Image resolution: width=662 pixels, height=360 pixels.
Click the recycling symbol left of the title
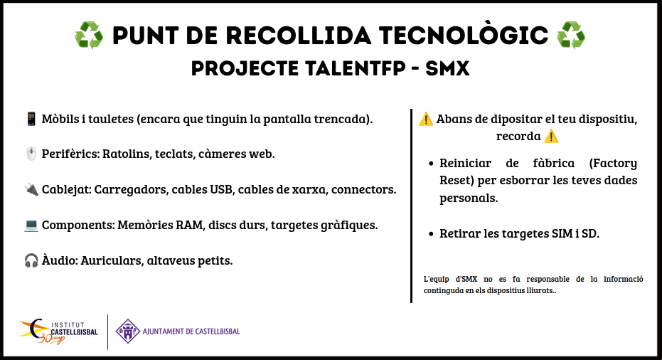[89, 36]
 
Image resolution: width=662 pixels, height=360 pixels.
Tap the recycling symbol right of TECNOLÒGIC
[571, 36]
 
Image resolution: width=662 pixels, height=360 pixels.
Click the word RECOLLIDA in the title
[299, 36]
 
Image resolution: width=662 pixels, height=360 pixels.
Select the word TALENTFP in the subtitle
[355, 68]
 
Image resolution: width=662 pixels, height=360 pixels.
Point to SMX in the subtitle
[447, 68]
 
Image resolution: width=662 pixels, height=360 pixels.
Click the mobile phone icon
[31, 119]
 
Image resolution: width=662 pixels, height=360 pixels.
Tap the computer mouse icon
[31, 154]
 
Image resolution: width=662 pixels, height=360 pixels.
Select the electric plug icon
[31, 189]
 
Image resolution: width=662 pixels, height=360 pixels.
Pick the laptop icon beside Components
[31, 226]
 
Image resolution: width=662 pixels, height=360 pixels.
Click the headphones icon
[31, 260]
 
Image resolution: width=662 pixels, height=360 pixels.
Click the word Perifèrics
[71, 154]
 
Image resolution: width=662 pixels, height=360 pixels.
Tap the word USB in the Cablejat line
[222, 190]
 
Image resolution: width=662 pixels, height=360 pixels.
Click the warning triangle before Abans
[425, 119]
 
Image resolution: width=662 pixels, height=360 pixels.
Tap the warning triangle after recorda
[551, 137]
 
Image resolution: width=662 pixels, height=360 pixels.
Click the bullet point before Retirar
[431, 233]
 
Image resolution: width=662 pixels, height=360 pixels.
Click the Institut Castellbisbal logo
[58, 332]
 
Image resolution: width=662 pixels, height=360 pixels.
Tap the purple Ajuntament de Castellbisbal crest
[128, 332]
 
